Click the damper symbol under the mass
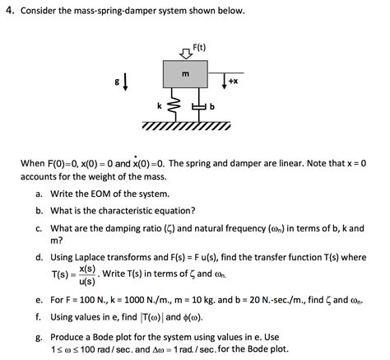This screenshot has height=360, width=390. pyautogui.click(x=198, y=106)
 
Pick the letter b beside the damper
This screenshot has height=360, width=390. pyautogui.click(x=211, y=108)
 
